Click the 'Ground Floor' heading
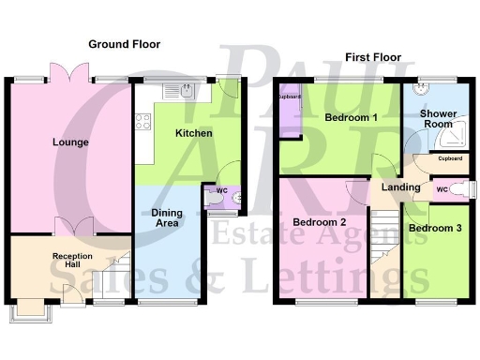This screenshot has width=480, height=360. point(124,44)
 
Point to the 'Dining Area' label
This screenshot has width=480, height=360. point(167,218)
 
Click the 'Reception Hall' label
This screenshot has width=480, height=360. point(72,260)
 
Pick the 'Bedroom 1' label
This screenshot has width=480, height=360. point(352,119)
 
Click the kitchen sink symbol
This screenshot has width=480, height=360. point(187,91)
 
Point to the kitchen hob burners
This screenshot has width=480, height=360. point(144,120)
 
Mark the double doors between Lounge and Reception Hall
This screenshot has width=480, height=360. point(72,228)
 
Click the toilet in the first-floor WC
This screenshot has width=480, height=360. point(457,188)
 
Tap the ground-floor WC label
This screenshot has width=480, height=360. point(222,190)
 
